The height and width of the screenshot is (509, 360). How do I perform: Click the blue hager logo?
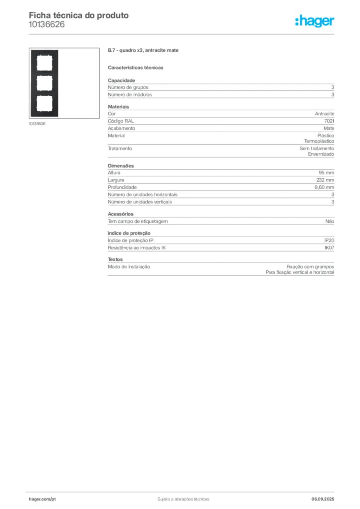[x=316, y=22]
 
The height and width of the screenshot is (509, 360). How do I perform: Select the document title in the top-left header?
[x=80, y=15]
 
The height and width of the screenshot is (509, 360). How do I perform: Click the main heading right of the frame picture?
[x=143, y=52]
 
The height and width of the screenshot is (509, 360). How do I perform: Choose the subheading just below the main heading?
[x=137, y=67]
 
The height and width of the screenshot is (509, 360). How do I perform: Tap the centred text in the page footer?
[x=182, y=498]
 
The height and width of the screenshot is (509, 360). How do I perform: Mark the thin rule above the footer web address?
[x=56, y=491]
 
